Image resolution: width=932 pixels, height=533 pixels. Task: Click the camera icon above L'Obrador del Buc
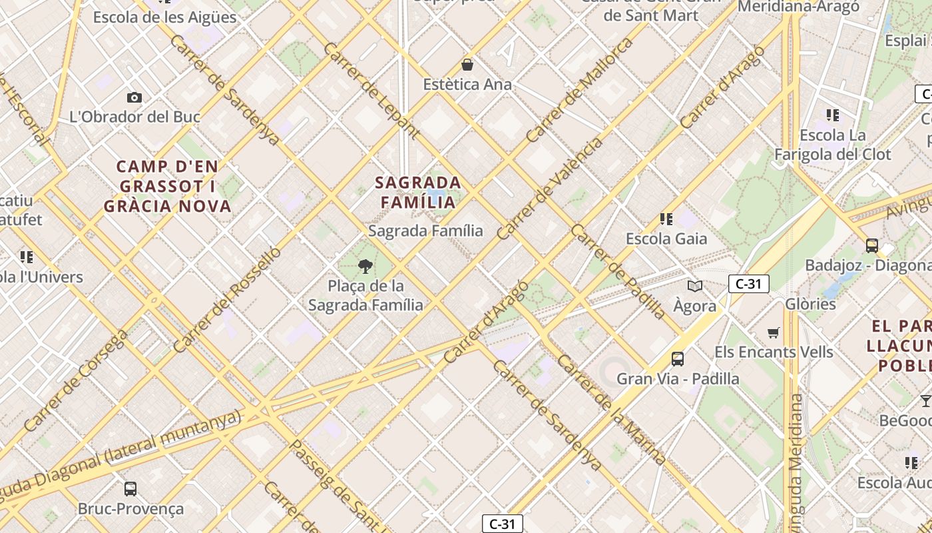tap(134, 98)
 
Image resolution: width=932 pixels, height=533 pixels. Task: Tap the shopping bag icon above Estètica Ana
tap(467, 65)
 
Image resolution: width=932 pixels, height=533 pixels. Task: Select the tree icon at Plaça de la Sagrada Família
tap(365, 267)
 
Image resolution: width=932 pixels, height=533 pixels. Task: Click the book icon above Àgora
tap(695, 286)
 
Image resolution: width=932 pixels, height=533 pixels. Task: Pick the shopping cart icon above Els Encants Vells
tap(774, 332)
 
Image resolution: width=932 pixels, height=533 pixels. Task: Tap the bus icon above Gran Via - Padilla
tap(678, 359)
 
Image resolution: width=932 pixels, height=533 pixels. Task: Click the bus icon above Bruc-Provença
tap(130, 489)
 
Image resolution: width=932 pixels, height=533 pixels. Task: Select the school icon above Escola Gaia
tap(666, 219)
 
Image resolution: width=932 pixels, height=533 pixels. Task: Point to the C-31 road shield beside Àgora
tap(748, 284)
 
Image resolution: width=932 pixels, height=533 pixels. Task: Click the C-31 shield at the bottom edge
tap(503, 524)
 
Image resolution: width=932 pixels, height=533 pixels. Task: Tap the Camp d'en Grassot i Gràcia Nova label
tap(168, 186)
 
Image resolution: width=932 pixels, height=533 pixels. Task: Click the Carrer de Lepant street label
tap(371, 91)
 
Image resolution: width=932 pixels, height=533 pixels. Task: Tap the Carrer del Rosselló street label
tap(228, 300)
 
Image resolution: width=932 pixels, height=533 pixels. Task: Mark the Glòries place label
tap(810, 304)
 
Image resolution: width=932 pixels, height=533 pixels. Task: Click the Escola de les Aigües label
tap(164, 17)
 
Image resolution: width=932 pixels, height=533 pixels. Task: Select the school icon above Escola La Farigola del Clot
tap(832, 115)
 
